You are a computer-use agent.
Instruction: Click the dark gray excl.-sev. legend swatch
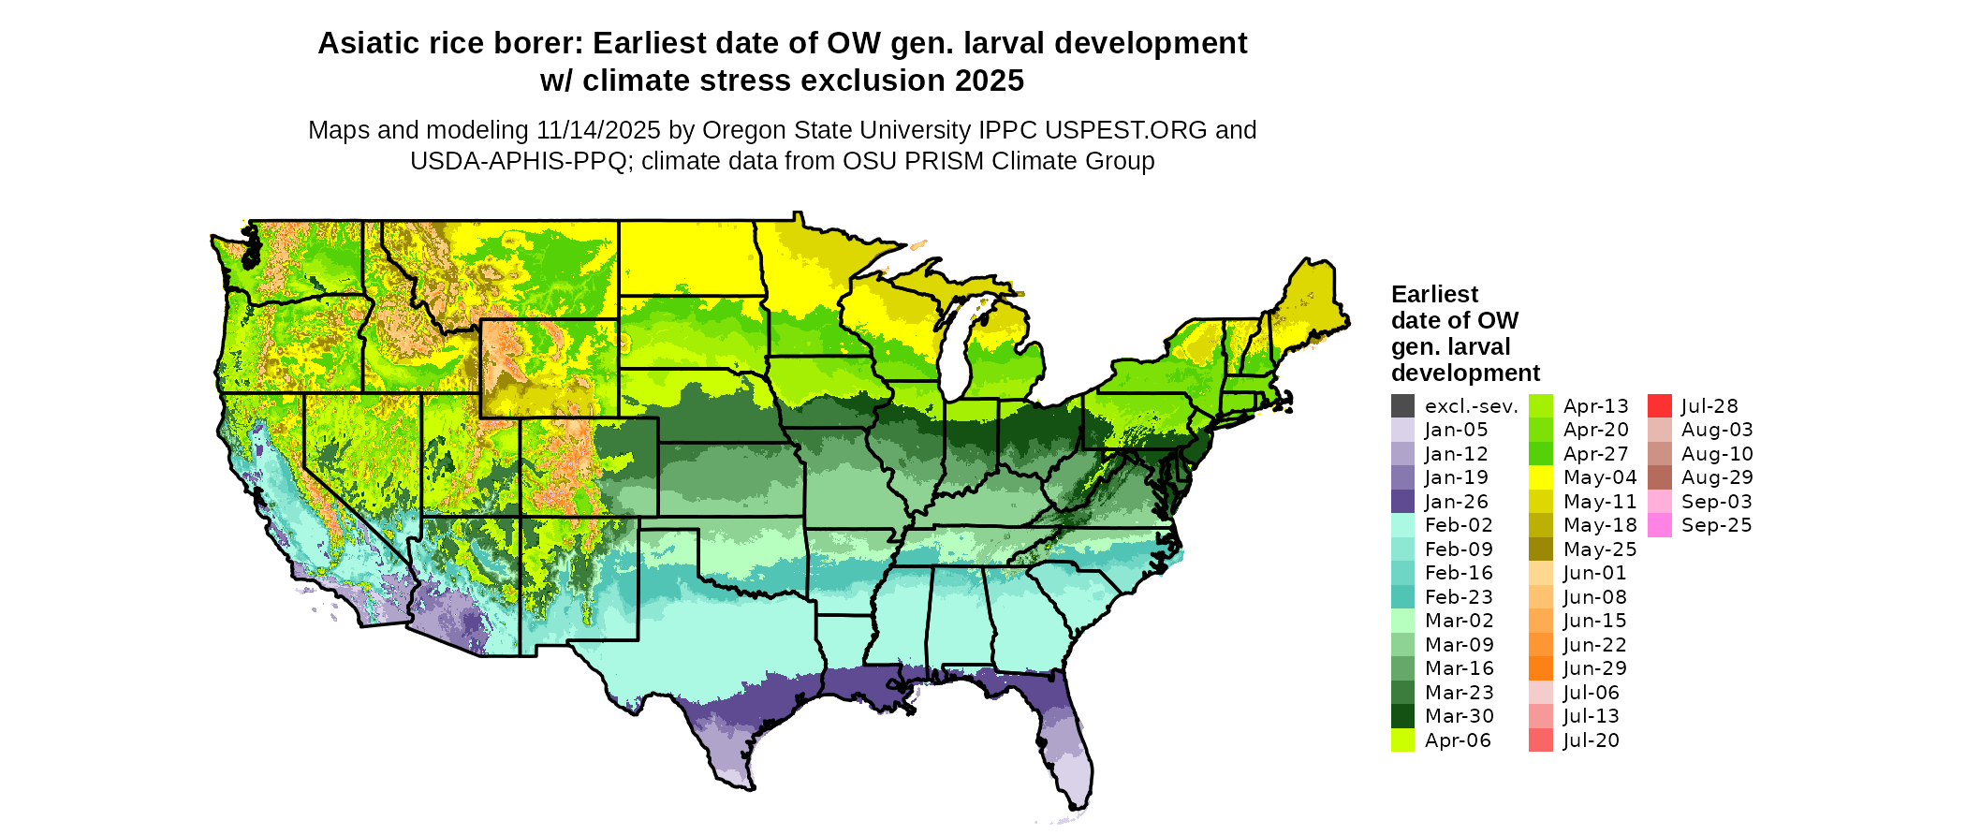click(1402, 406)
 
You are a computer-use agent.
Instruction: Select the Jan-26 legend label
click(1456, 502)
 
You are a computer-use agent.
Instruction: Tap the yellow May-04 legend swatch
click(1540, 477)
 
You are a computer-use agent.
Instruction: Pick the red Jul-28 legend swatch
click(1659, 406)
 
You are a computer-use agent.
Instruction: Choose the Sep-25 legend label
click(1716, 525)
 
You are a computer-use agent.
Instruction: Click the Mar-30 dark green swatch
click(1402, 716)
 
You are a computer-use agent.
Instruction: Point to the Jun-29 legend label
click(1594, 668)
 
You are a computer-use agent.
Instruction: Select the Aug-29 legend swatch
click(1659, 477)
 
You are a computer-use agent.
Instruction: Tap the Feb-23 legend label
click(1459, 597)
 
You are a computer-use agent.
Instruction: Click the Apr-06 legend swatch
click(1402, 740)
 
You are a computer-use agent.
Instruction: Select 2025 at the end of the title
click(990, 81)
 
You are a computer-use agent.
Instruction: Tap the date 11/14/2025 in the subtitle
click(598, 130)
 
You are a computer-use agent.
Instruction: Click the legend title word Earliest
click(1434, 295)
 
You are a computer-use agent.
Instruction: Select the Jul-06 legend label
click(1591, 693)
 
